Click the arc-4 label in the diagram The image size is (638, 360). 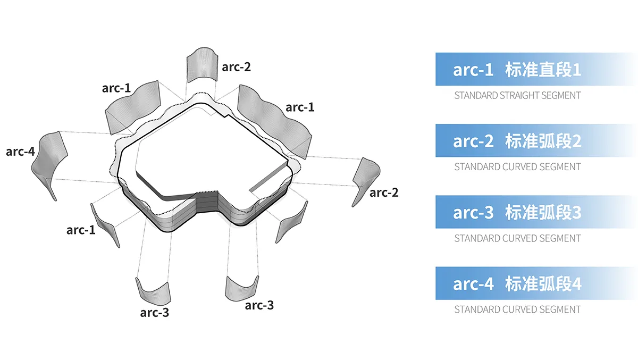20,152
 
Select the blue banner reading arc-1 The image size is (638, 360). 535,69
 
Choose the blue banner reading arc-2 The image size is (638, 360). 535,140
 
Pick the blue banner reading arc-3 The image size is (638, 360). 535,212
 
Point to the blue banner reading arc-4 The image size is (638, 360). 535,283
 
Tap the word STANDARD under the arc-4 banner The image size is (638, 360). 476,309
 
